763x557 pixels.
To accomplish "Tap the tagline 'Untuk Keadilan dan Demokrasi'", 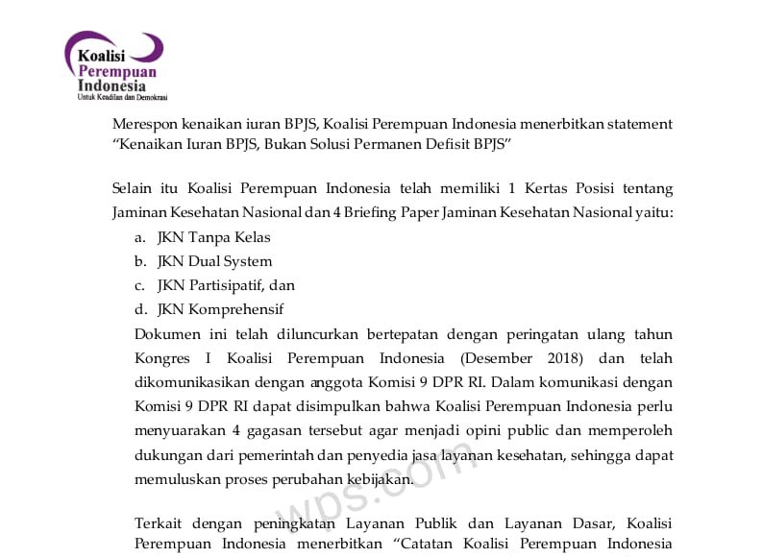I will click(122, 97).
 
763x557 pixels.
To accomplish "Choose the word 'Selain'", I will click(132, 187).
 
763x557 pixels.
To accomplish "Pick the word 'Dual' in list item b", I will click(206, 261).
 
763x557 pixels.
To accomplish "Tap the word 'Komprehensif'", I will click(235, 309).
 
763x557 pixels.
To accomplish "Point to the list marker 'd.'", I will click(140, 309).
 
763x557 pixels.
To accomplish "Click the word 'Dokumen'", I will click(167, 334).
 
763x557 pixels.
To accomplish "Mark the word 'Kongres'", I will click(163, 358).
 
